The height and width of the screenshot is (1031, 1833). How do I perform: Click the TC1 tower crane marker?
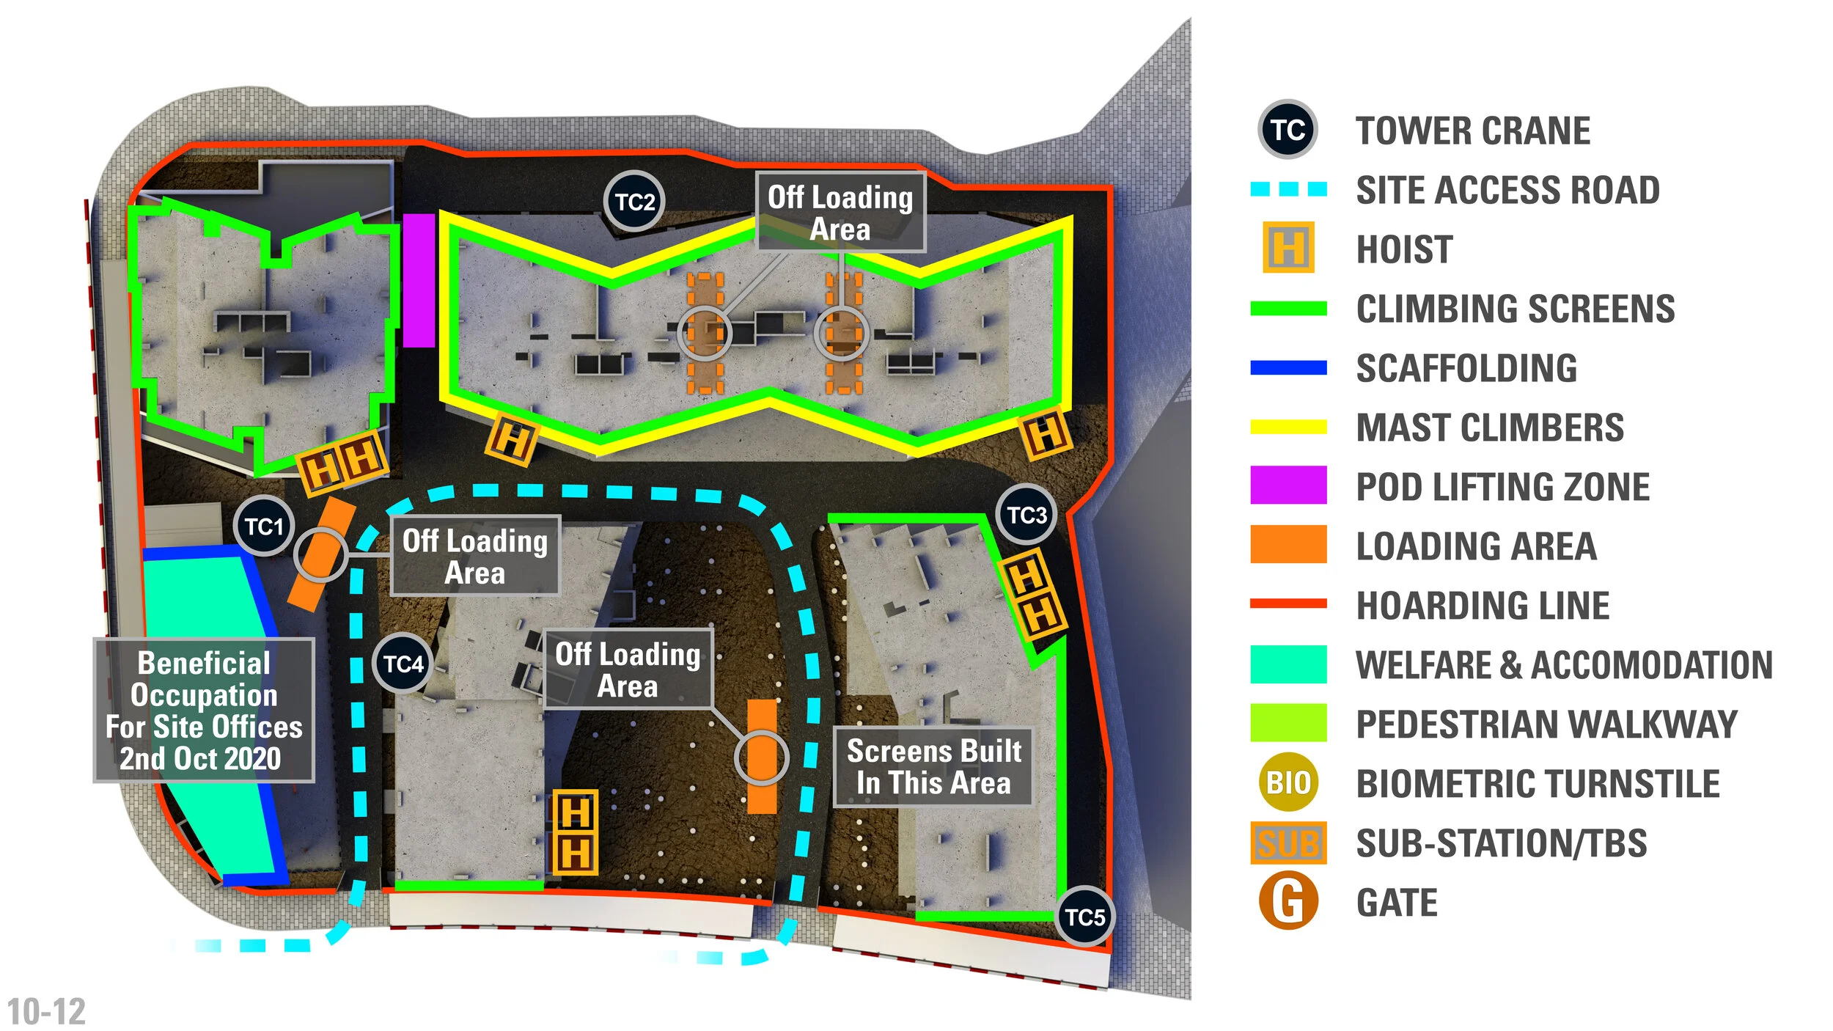tap(264, 526)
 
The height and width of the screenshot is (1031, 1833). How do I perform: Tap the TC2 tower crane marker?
tap(634, 202)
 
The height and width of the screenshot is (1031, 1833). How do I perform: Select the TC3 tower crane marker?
tap(1026, 515)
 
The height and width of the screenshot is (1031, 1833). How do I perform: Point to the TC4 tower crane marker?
tap(403, 664)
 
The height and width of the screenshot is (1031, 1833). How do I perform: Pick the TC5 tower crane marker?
tap(1084, 917)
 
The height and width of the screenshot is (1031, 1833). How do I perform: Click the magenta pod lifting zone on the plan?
tap(419, 280)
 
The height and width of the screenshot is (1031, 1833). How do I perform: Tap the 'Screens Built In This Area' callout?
tap(933, 767)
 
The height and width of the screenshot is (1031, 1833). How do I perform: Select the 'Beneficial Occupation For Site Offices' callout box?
tap(204, 711)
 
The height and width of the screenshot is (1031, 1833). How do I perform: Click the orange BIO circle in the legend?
tap(1288, 782)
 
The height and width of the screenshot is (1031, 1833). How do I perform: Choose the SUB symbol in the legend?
tap(1288, 843)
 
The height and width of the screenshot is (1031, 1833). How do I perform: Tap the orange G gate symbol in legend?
tap(1288, 902)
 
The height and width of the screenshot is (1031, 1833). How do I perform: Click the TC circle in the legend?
tap(1288, 130)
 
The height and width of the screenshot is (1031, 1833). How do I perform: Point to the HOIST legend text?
tap(1404, 249)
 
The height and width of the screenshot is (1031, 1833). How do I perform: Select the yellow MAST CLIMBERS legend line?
tap(1288, 427)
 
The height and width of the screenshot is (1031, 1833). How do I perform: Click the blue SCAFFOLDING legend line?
tap(1288, 367)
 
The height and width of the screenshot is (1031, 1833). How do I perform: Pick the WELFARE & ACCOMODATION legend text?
tap(1564, 665)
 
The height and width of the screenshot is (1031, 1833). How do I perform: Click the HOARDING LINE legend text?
tap(1483, 606)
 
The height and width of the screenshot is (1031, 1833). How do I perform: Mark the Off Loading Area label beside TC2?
tap(840, 213)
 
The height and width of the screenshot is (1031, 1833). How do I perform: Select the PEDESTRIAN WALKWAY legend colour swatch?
tap(1288, 723)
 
